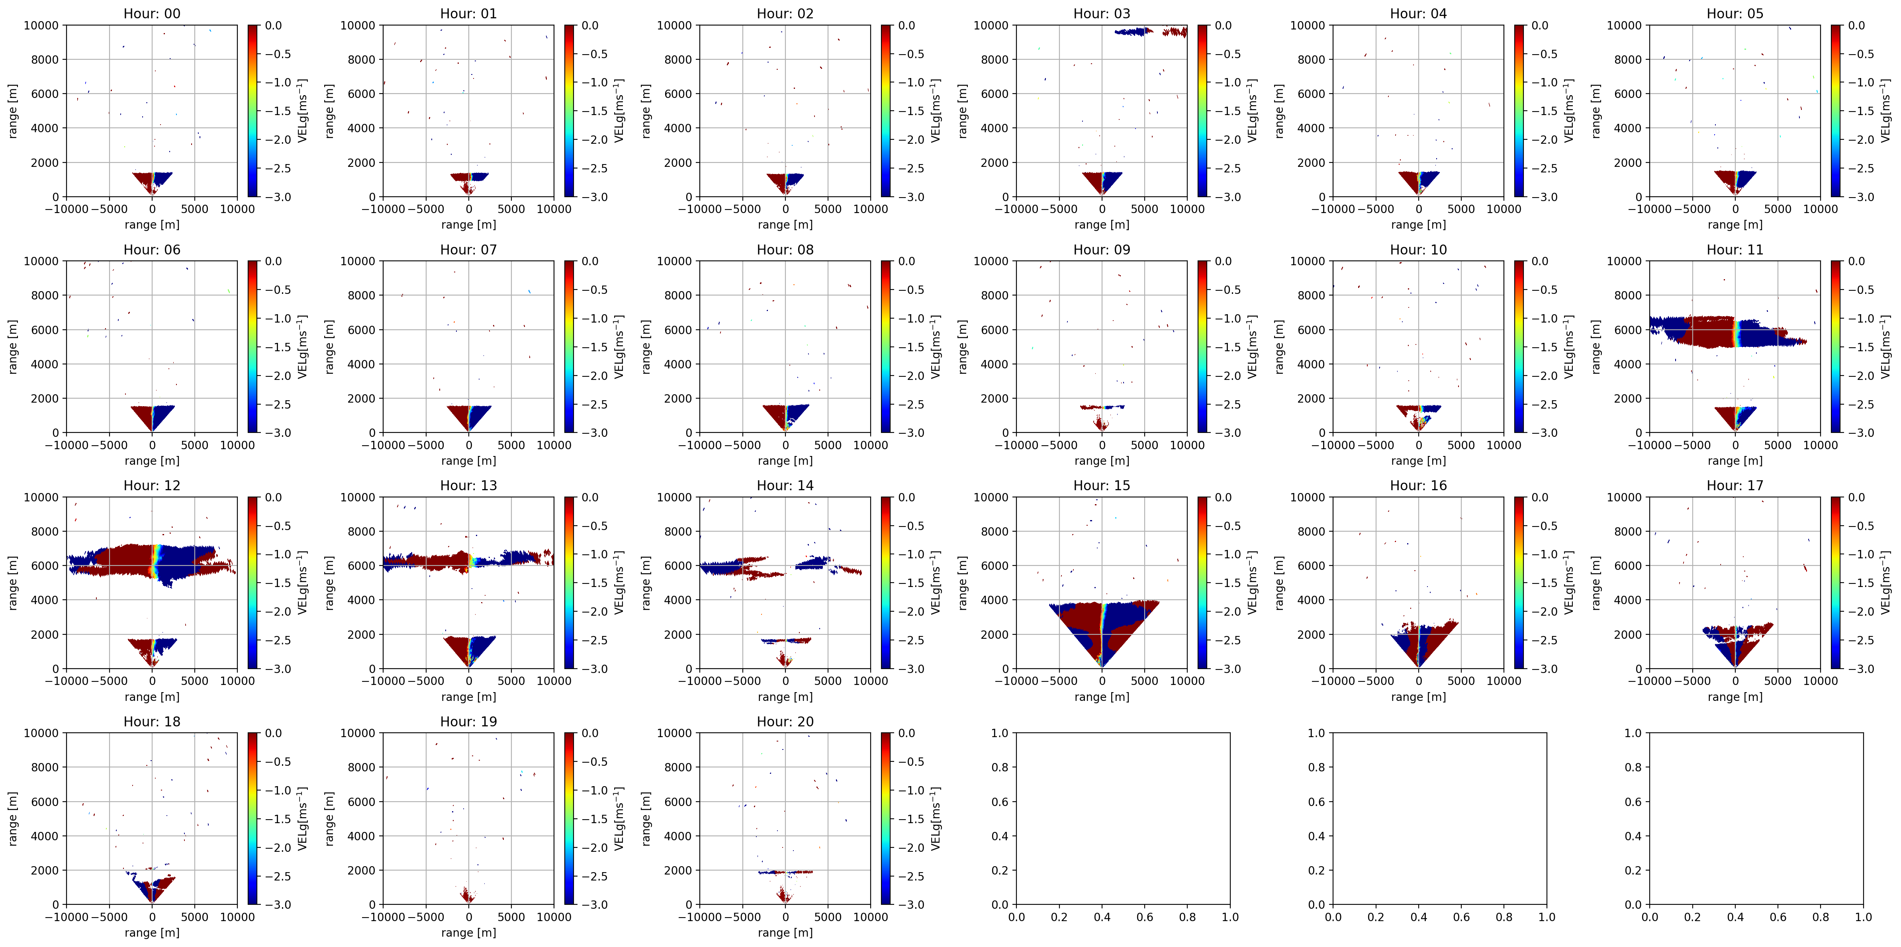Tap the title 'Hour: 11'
(1735, 249)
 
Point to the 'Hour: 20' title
(785, 721)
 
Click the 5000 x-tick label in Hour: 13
(511, 681)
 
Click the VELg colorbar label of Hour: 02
(935, 111)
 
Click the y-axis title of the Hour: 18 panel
(12, 818)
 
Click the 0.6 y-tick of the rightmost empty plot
(1633, 802)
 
